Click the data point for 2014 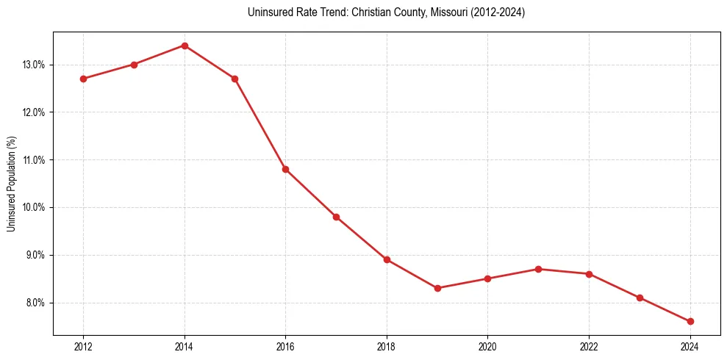(x=185, y=46)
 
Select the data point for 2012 (x=83, y=79)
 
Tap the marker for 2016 (x=285, y=169)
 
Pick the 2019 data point (x=437, y=288)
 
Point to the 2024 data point (x=690, y=321)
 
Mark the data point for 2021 (x=539, y=269)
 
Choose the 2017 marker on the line (x=336, y=217)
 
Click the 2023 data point (x=640, y=298)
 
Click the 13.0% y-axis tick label (x=33, y=65)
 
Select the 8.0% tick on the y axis (x=35, y=303)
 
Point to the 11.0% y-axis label (x=33, y=160)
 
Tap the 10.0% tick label (x=33, y=207)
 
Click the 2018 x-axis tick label (x=387, y=346)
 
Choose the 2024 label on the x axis (x=690, y=346)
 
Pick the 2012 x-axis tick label (x=83, y=346)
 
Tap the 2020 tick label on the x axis (x=488, y=346)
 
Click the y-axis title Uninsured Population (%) (x=11, y=184)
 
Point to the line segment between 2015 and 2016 (x=260, y=124)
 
